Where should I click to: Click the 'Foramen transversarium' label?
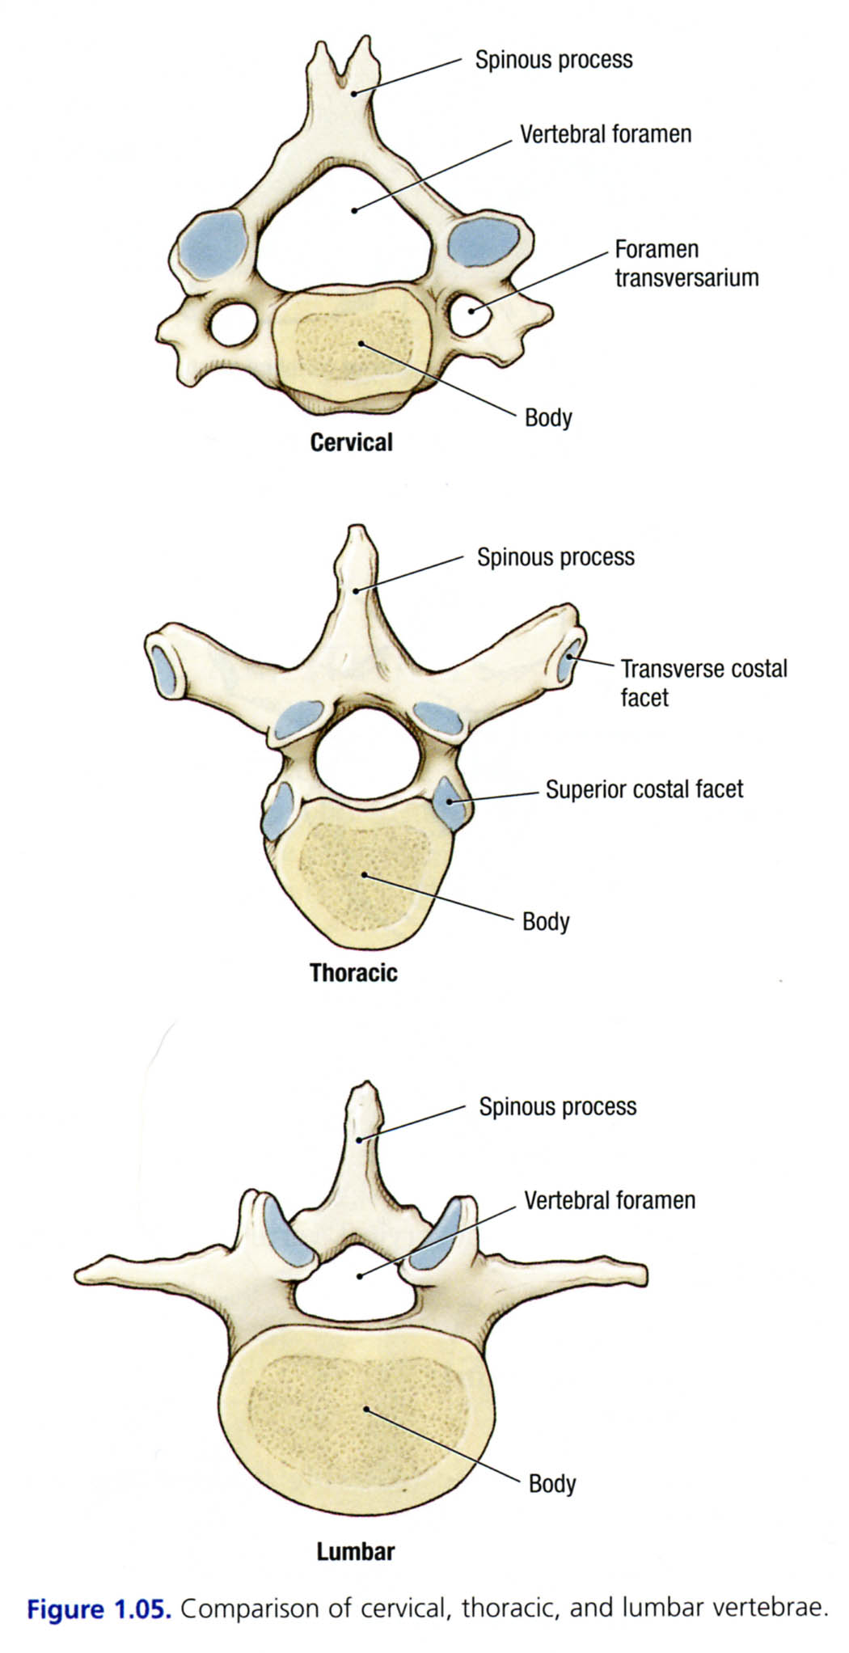[x=686, y=264]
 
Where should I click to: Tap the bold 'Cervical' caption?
[x=351, y=442]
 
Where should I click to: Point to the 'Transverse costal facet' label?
[x=703, y=683]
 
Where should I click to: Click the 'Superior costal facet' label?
[x=644, y=789]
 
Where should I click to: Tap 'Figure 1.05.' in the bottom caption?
[x=99, y=1609]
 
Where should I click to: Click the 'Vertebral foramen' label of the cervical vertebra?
[x=605, y=133]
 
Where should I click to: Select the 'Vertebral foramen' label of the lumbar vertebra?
[x=609, y=1200]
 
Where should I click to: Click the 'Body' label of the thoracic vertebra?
[x=546, y=921]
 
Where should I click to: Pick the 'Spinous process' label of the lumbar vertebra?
[x=557, y=1106]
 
